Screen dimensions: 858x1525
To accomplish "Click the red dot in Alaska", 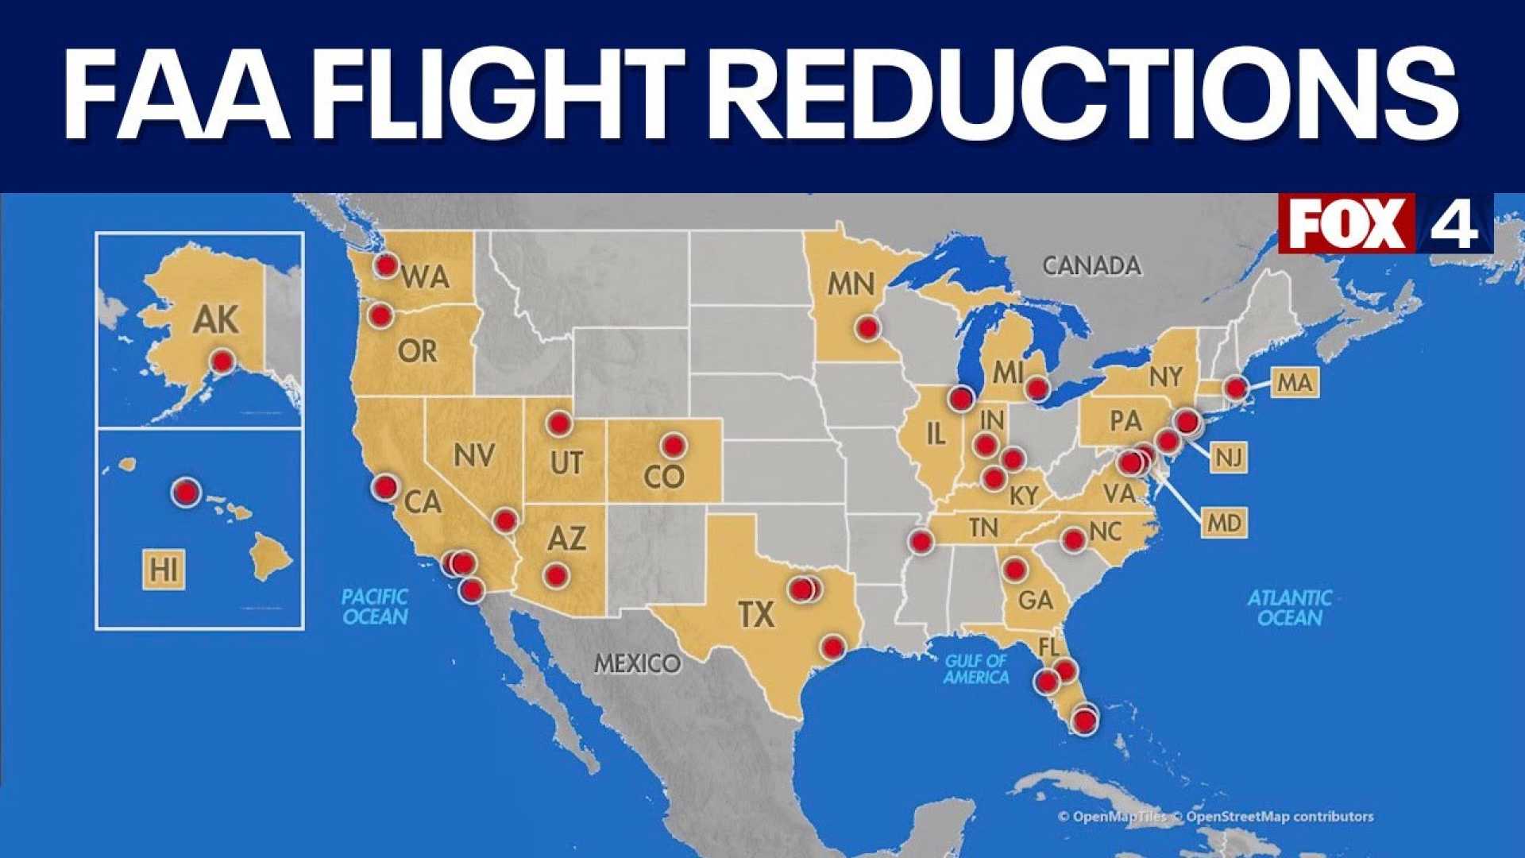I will (222, 362).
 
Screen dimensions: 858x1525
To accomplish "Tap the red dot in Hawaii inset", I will (187, 493).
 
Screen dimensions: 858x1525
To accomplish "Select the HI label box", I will (164, 569).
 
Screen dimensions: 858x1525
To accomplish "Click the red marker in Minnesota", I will (867, 327).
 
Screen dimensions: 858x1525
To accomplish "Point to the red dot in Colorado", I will (674, 446).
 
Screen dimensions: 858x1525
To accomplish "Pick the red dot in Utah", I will (559, 423).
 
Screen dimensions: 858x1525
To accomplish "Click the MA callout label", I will (1295, 383).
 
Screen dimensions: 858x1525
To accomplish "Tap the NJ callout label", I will (1229, 458).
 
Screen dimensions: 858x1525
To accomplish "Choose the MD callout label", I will (1224, 523).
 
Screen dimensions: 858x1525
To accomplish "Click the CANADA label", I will (1091, 265).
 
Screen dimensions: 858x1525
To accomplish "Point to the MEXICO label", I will (637, 663).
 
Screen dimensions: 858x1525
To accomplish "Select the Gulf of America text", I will (976, 669).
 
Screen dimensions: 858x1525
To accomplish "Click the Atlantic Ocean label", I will (1289, 608).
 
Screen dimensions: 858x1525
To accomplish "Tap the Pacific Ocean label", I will (375, 606).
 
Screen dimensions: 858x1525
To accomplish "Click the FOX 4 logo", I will (1384, 223).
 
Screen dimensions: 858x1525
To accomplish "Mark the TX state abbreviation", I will (755, 614).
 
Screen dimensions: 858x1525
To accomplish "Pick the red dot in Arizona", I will (556, 574).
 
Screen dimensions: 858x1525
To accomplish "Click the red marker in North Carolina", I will (1073, 540).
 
